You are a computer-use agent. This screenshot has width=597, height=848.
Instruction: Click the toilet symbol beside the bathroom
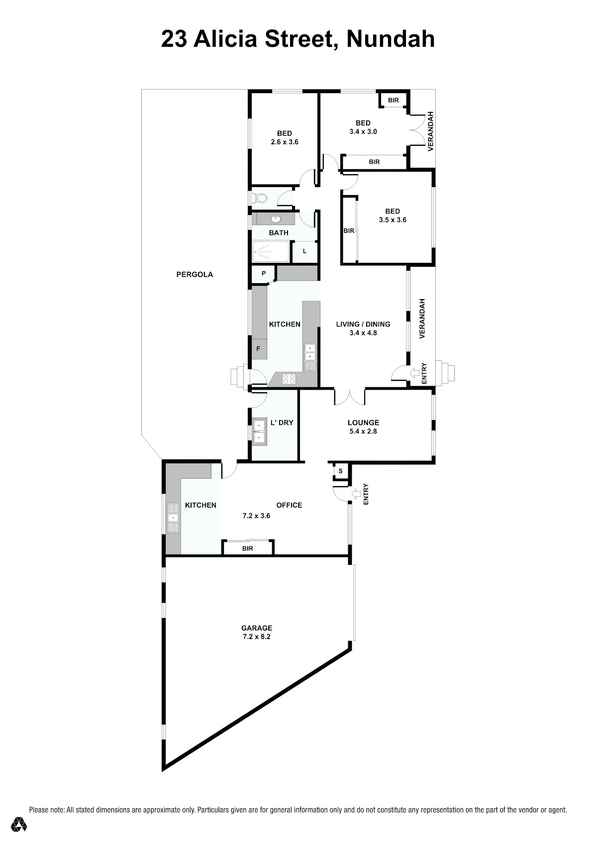pos(260,198)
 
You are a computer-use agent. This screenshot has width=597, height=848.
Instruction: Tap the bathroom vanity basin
pos(276,219)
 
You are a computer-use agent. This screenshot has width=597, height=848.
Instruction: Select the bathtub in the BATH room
pos(271,251)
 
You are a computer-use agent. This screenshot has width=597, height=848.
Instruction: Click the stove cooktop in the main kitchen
pos(289,379)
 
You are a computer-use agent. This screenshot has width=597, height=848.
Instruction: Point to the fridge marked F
pos(259,349)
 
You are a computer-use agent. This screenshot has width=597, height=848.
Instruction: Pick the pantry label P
pos(264,273)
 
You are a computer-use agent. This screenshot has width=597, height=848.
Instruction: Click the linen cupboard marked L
pos(305,251)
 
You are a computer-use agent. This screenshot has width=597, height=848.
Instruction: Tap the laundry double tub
pos(260,431)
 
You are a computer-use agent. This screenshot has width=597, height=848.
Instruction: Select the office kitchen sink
pos(173,518)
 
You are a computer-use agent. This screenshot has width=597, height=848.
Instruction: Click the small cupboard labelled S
pos(340,471)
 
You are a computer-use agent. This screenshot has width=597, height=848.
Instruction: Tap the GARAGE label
pos(257,628)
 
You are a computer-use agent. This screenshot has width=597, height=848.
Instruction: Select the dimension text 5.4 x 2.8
pos(363,431)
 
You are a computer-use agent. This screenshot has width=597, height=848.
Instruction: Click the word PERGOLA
pos(195,275)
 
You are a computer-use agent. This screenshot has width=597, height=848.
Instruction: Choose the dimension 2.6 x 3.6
pos(285,142)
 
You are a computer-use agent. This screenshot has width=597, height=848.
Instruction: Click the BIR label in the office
pos(248,548)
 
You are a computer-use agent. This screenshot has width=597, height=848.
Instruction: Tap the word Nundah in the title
pos(391,39)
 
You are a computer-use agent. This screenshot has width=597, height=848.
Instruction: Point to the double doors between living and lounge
pos(349,396)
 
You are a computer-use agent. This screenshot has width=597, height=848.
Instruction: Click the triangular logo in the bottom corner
pos(18,824)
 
